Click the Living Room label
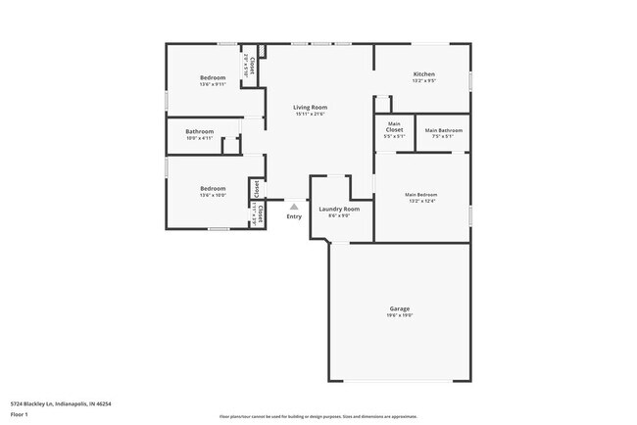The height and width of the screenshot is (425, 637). point(311,107)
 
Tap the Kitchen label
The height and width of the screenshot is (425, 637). point(423,74)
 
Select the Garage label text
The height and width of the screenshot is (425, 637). point(400,308)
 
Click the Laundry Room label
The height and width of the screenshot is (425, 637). point(338,209)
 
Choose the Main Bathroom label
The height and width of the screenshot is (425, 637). point(444,130)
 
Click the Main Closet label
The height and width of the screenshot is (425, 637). point(394,126)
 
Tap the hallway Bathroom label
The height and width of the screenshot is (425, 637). point(200,132)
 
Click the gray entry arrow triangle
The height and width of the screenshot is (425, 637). point(294,206)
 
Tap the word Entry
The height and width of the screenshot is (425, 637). point(294,216)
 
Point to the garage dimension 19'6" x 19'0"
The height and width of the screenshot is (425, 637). point(400,315)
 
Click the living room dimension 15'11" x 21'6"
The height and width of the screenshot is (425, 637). point(310,114)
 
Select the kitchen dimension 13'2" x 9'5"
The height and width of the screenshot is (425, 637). point(423,81)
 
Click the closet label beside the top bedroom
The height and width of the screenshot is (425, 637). point(252,67)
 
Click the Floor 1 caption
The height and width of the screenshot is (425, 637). point(20,413)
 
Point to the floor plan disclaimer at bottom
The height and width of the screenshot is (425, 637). point(318,415)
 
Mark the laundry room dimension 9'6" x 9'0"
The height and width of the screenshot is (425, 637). point(338,215)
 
